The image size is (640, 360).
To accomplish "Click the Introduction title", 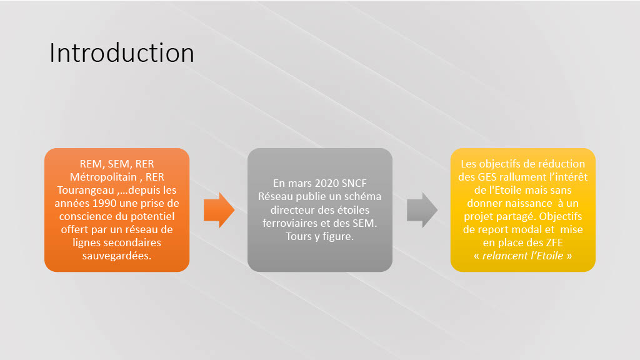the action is pos(122,53).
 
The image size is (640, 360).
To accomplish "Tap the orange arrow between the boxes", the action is pos(219,210).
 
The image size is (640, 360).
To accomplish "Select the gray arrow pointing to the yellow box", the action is pos(422,210).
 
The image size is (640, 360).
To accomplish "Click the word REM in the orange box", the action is pos(91,164).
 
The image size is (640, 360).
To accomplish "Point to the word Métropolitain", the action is pos(103,177).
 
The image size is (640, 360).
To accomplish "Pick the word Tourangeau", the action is pos(86,190).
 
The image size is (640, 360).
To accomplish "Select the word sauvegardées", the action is pos(117,256).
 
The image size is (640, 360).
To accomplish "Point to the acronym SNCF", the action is pos(354,183).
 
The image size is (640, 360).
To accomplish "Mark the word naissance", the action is pos(529,203).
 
